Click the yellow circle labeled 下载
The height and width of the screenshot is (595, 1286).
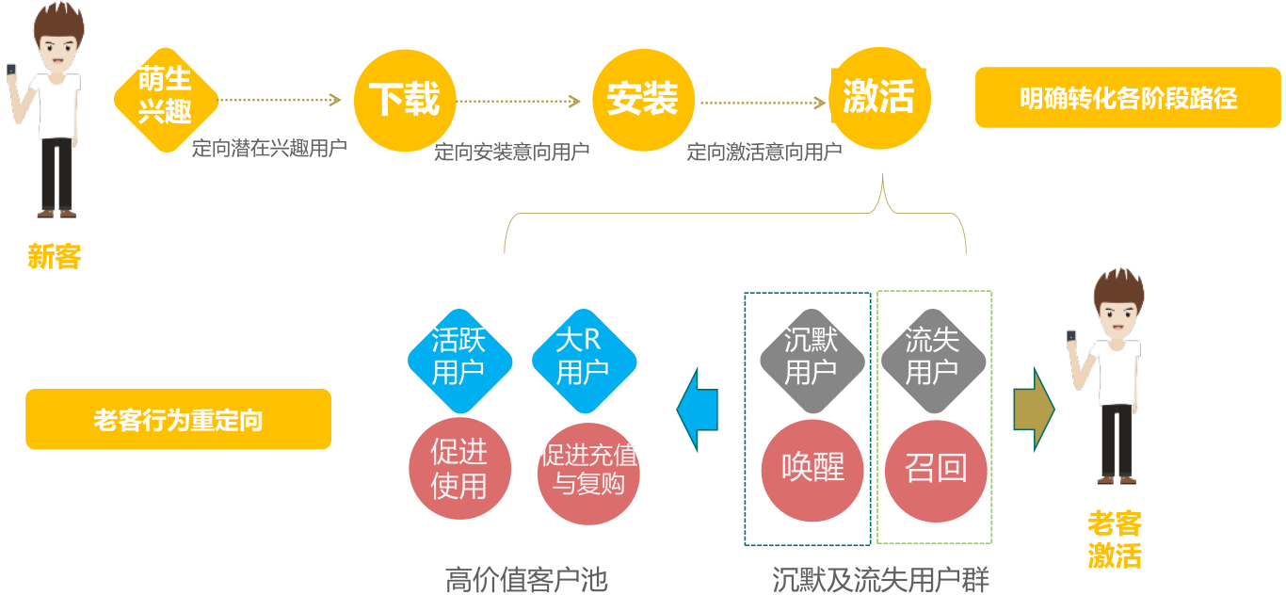pos(404,99)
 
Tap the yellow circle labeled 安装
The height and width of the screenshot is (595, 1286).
pos(642,99)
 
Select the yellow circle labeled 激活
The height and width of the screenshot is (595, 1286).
pos(879,98)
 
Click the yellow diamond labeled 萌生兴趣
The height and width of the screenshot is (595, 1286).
pos(166,99)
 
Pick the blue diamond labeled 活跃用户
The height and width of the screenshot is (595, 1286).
pos(459,359)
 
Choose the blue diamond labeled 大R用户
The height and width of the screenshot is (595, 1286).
pos(584,359)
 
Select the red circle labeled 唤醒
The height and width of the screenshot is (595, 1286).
pos(812,469)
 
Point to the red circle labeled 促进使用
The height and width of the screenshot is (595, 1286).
pos(459,469)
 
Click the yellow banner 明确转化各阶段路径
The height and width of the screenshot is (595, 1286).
pos(1128,98)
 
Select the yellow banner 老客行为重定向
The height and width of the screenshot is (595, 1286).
pos(179,420)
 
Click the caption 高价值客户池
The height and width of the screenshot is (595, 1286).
pos(526,579)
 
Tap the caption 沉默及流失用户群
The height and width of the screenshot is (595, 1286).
pos(880,579)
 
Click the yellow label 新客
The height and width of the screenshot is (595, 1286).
pos(55,256)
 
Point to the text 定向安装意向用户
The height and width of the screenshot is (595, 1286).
pos(512,152)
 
